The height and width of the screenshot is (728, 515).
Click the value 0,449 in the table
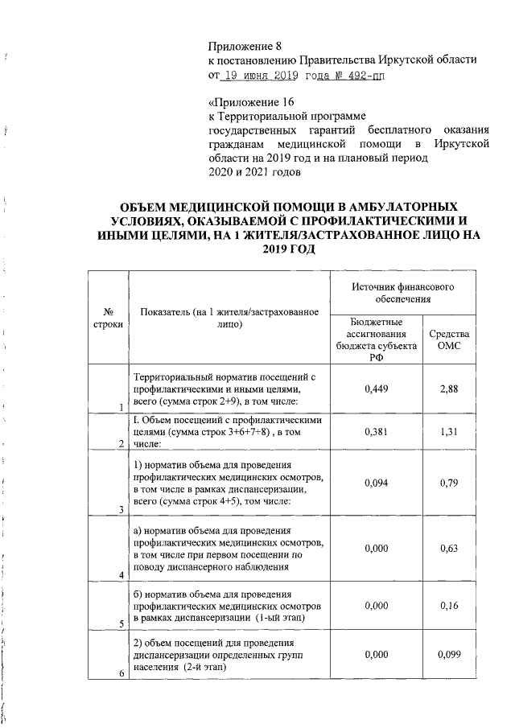pyautogui.click(x=376, y=389)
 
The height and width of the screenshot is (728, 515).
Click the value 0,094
pyautogui.click(x=376, y=483)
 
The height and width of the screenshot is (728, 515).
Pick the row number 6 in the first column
pyautogui.click(x=122, y=673)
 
